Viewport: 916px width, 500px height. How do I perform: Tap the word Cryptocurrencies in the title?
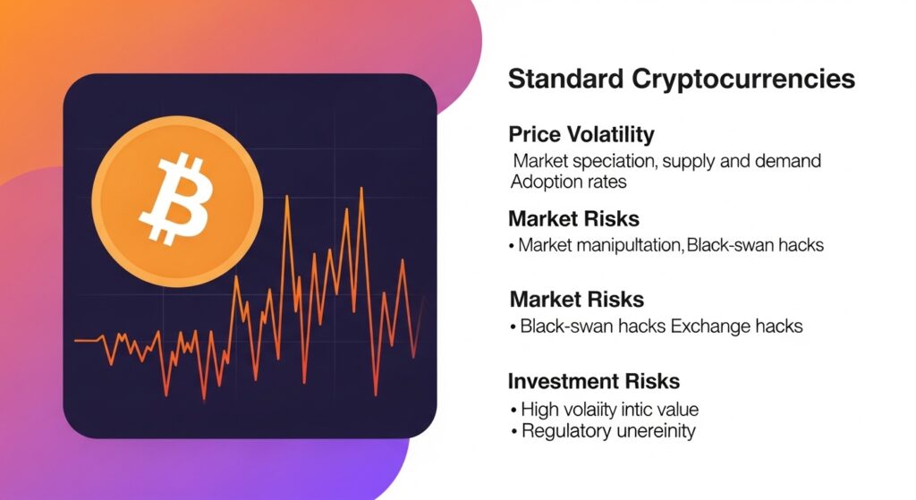(x=743, y=80)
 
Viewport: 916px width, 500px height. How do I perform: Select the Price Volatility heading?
(x=581, y=135)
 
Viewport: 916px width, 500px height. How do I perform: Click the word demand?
(x=786, y=162)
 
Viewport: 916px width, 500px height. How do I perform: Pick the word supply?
(x=695, y=162)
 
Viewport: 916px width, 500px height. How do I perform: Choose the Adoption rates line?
(x=568, y=182)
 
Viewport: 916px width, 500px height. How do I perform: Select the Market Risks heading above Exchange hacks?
(x=577, y=299)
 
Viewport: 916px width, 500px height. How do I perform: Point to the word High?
(x=541, y=410)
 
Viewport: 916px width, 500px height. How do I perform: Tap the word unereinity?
(x=654, y=431)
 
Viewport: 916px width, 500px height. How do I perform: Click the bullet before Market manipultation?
(x=511, y=245)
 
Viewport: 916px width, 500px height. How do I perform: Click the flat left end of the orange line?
(x=87, y=341)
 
